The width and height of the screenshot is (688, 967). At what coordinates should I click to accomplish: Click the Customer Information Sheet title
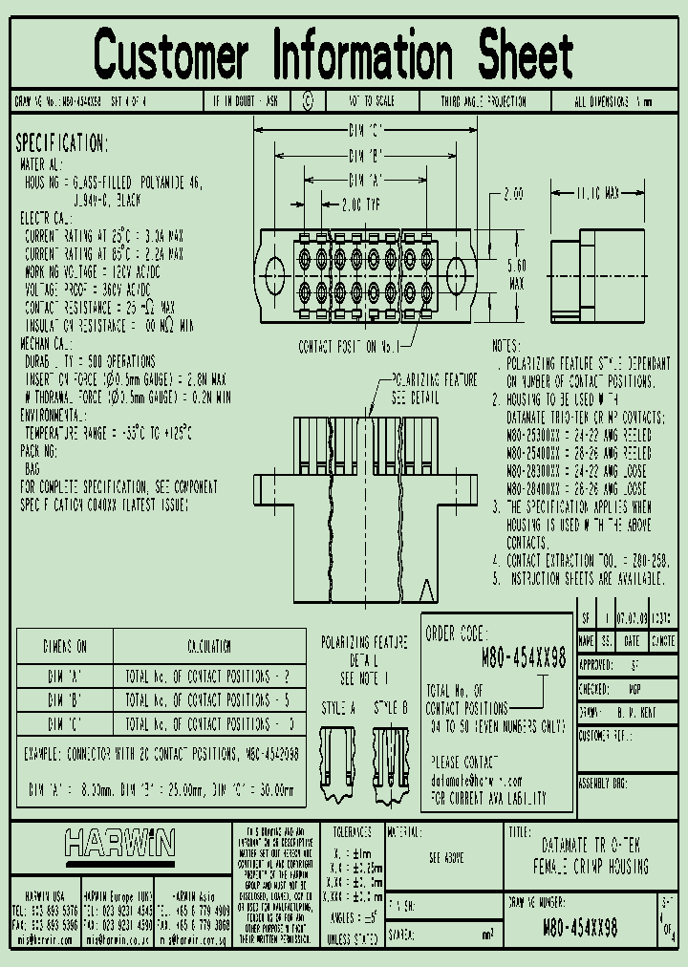tap(333, 54)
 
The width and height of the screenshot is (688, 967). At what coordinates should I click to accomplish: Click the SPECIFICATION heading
tap(61, 143)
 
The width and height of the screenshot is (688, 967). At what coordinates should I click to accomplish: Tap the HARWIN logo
tap(119, 843)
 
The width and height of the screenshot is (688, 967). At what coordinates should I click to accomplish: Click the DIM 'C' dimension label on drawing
tap(365, 129)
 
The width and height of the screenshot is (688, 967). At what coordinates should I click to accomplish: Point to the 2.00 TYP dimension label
tap(360, 204)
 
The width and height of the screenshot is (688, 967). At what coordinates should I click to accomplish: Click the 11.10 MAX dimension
tap(598, 193)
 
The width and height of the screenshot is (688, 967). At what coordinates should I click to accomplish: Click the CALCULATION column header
tap(208, 646)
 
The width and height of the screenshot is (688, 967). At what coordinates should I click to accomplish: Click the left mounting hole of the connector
tap(273, 267)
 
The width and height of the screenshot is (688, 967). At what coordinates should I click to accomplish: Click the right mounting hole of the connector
tap(457, 267)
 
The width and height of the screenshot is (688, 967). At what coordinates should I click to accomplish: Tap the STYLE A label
tap(338, 708)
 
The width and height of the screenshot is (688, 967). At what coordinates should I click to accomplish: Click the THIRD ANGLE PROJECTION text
tap(483, 101)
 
